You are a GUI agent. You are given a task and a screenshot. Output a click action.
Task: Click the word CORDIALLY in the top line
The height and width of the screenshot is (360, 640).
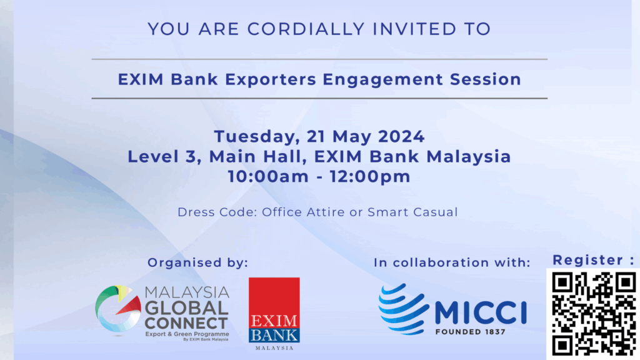306,29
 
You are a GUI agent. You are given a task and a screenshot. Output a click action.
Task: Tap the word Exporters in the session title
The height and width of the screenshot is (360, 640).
271,79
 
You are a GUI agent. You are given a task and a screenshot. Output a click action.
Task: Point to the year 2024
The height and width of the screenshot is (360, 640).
401,136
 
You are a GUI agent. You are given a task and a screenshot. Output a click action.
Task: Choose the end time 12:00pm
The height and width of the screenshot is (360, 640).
370,176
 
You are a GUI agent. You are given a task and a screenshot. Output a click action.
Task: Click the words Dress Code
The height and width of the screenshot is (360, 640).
217,212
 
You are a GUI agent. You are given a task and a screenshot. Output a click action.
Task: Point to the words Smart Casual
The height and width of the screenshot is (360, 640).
412,212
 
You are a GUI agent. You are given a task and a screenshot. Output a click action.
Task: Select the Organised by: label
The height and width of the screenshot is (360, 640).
197,262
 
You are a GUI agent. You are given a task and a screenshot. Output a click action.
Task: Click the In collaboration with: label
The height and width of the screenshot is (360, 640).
452,262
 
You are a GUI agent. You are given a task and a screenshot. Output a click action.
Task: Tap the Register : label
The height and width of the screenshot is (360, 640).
594,260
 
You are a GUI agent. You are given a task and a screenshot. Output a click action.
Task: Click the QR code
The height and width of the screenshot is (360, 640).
594,314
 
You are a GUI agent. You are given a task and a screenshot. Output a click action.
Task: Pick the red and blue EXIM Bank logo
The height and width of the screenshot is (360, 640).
274,314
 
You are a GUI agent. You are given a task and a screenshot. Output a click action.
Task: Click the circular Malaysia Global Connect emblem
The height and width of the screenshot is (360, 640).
118,309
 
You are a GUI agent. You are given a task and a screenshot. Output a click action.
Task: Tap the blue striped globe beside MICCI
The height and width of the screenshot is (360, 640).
404,309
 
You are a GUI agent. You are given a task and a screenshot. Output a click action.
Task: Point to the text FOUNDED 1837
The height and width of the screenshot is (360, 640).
471,332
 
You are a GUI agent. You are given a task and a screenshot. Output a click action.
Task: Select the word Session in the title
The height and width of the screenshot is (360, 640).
486,79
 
